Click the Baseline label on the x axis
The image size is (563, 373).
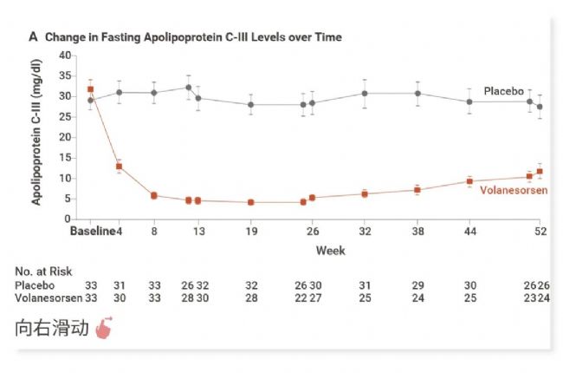[x=92, y=232]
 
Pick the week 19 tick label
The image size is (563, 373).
[x=250, y=232]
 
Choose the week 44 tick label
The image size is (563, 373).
[x=469, y=232]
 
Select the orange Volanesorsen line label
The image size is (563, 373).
[x=513, y=189]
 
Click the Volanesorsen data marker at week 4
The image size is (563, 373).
[x=120, y=167]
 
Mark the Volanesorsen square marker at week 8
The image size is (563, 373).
[x=154, y=196]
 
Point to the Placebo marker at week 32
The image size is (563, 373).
[x=365, y=94]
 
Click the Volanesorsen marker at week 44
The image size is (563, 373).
[x=469, y=181]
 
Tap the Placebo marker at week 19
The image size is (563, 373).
[x=250, y=105]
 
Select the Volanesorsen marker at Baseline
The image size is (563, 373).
[x=91, y=89]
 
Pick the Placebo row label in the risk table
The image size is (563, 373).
[x=35, y=285]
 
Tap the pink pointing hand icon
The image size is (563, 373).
[x=104, y=330]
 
